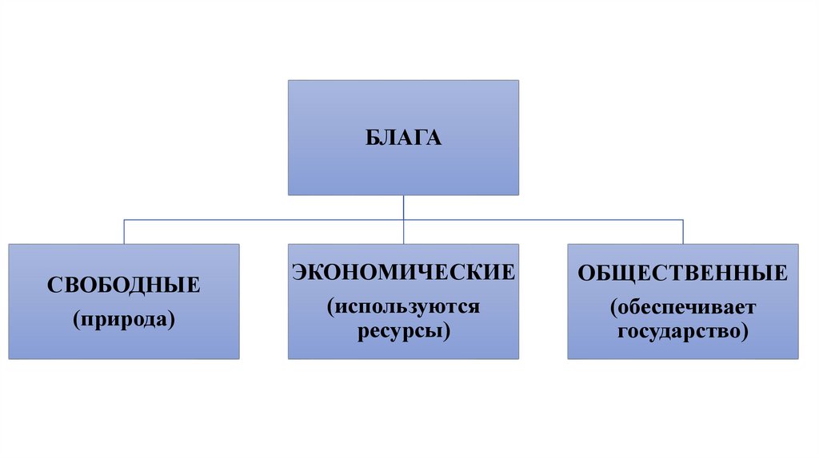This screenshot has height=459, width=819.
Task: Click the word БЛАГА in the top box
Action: [x=404, y=138]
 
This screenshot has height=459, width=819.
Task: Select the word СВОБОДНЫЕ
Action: [x=123, y=285]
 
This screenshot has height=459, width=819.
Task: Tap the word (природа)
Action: [x=123, y=319]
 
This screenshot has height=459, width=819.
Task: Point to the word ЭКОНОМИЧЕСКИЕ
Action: [x=403, y=272]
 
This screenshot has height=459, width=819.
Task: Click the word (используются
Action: [x=403, y=306]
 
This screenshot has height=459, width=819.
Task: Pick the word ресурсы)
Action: [x=404, y=329]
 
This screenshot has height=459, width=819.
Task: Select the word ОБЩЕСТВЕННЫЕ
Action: [x=683, y=273]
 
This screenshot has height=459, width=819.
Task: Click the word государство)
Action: [x=683, y=330]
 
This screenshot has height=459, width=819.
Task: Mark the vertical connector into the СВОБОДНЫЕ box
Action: [x=124, y=232]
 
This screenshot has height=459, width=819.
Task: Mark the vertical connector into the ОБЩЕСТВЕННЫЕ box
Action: [x=683, y=232]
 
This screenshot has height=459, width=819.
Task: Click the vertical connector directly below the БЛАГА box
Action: [x=404, y=207]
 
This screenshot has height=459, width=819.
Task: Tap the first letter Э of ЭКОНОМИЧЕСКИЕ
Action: [x=298, y=272]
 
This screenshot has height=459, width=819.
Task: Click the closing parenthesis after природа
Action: [x=171, y=320]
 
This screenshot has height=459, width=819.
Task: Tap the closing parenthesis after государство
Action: [x=745, y=331]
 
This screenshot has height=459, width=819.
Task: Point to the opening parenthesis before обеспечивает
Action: [x=613, y=308]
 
